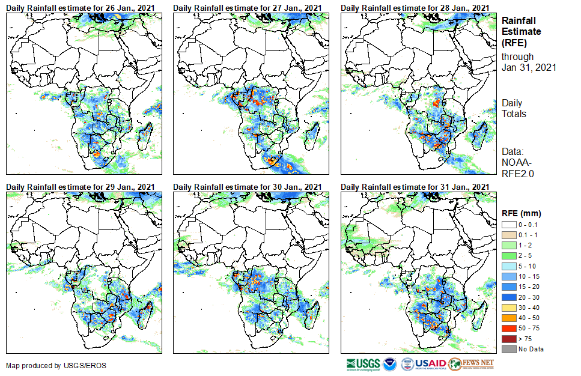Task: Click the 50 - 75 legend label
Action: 529,329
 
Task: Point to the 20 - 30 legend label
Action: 529,297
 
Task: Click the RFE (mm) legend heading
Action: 522,213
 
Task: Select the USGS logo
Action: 363,364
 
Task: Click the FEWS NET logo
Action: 472,364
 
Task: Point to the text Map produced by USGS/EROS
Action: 56,365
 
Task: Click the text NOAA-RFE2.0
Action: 518,168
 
